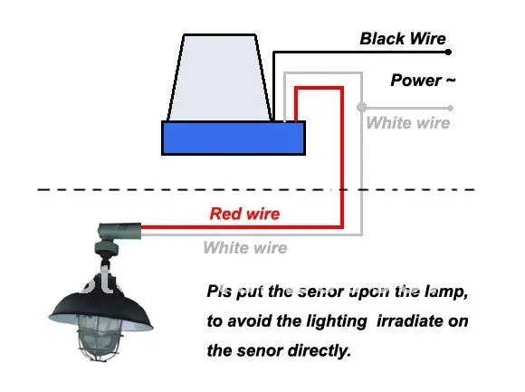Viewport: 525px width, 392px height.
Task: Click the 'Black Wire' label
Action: coord(403,39)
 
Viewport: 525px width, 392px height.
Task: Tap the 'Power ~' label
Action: coord(423,81)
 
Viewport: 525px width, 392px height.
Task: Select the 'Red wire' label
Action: coord(244,214)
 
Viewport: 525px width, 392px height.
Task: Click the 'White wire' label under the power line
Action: coord(408,122)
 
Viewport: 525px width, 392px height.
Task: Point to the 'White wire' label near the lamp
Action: coord(245,248)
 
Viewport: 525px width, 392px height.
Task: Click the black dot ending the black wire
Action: coord(448,52)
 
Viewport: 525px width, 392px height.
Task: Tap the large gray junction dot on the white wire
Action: coord(361,108)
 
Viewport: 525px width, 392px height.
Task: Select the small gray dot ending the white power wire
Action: coord(451,108)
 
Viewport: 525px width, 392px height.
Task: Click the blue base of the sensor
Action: coord(234,138)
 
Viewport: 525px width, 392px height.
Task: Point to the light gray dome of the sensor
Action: coord(220,77)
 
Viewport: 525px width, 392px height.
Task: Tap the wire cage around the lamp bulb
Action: coord(99,339)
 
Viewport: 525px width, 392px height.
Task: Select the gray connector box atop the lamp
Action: coord(119,231)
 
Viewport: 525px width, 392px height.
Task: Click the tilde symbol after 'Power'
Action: coord(450,81)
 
